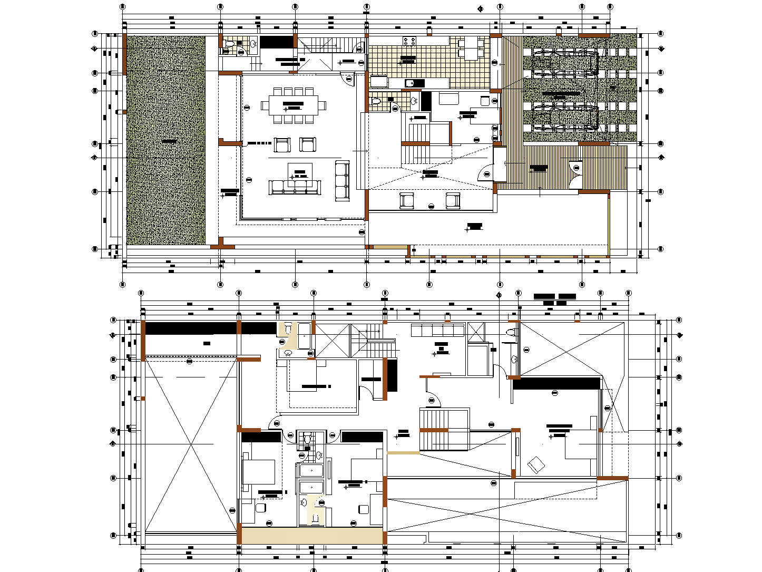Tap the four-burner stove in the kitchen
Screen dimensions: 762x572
[x=409, y=41]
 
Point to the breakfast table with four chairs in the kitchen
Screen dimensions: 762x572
[x=471, y=49]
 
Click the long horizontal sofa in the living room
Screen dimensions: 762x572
[x=295, y=187]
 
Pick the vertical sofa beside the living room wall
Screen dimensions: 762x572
[x=342, y=181]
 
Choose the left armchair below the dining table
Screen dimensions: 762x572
[x=282, y=144]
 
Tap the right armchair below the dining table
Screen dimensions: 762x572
[x=308, y=144]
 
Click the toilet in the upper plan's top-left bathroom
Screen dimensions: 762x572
[x=228, y=44]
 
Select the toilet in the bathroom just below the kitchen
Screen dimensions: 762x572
[x=375, y=101]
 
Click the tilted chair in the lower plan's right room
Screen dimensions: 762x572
[x=536, y=464]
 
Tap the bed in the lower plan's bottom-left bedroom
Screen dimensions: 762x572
[x=258, y=472]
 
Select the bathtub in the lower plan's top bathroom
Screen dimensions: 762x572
[x=305, y=336]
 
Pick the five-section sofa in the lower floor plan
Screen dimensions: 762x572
[x=437, y=331]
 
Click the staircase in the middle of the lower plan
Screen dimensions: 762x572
[x=444, y=429]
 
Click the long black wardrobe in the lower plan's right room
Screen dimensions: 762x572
[x=557, y=383]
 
